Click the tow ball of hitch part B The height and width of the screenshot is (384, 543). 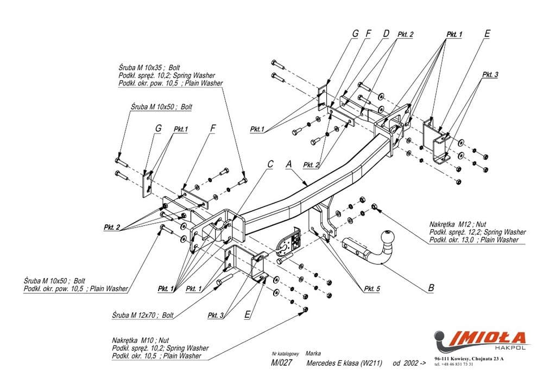coord(389,238)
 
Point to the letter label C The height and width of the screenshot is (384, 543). coord(270,163)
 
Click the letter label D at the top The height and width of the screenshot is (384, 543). coord(386,34)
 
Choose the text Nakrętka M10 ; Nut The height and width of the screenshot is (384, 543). coord(141,341)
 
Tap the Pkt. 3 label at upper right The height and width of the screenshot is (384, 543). coord(490,74)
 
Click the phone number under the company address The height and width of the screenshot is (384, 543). coord(454,364)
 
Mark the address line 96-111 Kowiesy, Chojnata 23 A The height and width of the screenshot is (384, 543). coord(469,358)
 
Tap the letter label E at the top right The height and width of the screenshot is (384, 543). coord(487,34)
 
